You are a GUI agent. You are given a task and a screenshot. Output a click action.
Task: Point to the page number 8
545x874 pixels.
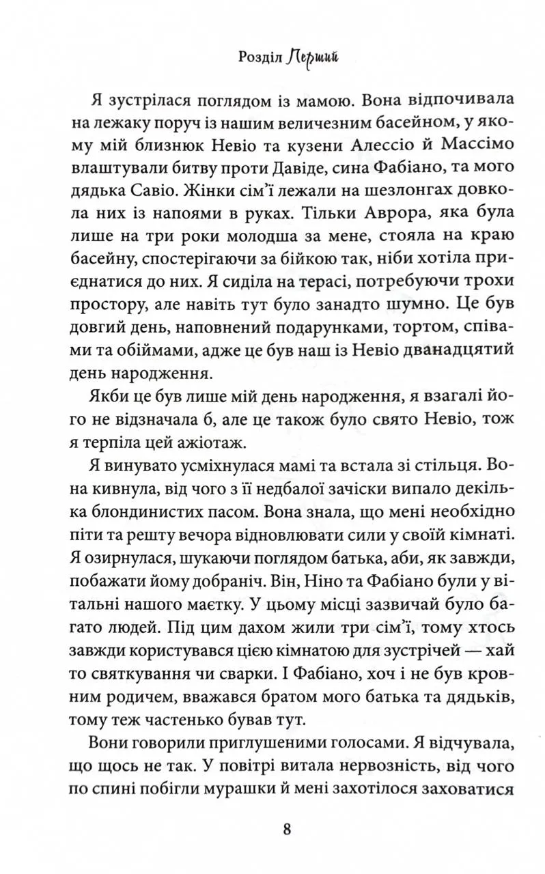287,829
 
